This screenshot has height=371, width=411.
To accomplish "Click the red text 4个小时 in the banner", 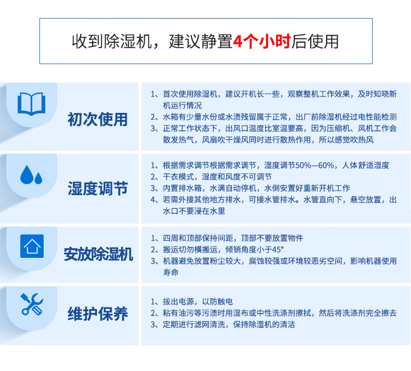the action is click(x=262, y=41).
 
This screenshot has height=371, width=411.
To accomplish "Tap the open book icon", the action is click(x=31, y=104).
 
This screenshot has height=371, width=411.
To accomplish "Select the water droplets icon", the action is click(x=31, y=175).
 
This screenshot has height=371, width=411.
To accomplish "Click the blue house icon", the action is click(x=32, y=246).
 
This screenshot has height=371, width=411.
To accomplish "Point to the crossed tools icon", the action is click(x=32, y=304).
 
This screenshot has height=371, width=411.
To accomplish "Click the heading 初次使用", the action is click(x=98, y=119).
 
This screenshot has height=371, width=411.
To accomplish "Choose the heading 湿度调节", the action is click(x=98, y=189).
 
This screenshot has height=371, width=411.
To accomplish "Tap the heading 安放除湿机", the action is click(x=98, y=254).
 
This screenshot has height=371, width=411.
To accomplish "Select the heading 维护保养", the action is click(x=98, y=313).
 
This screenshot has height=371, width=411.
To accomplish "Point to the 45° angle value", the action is click(x=277, y=249).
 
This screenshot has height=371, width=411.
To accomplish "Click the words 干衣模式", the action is click(x=178, y=176).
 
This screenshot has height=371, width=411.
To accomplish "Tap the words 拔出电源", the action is click(x=178, y=301).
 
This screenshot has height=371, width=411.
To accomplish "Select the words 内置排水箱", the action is click(x=182, y=188).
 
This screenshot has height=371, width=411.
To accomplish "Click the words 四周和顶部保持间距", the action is click(x=198, y=238).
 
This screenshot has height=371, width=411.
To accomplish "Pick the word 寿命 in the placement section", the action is click(x=170, y=272).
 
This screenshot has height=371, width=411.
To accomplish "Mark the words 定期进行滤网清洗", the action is click(x=194, y=324).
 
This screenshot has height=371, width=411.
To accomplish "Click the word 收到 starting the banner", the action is click(x=88, y=42).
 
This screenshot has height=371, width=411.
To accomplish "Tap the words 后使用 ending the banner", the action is click(x=315, y=42).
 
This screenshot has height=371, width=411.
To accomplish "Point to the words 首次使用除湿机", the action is click(x=190, y=94).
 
